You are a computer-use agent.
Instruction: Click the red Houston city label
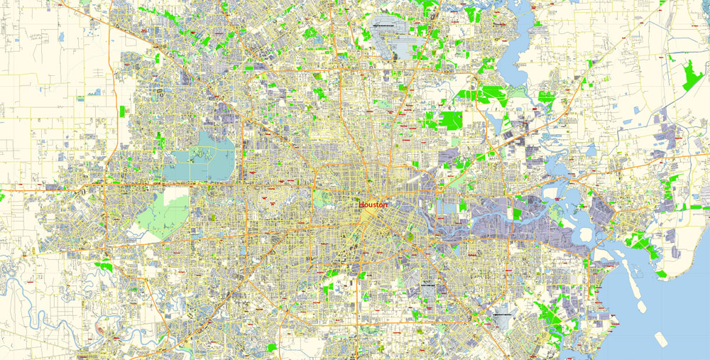(x=373, y=204)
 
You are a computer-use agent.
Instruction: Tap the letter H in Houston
(x=361, y=204)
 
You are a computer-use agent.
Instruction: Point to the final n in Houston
(x=386, y=204)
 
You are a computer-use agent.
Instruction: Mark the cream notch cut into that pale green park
(x=177, y=192)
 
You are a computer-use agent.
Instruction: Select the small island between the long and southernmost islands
(x=641, y=306)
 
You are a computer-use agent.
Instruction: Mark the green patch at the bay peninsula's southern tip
(x=661, y=273)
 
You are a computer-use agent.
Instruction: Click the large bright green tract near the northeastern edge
(x=690, y=75)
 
